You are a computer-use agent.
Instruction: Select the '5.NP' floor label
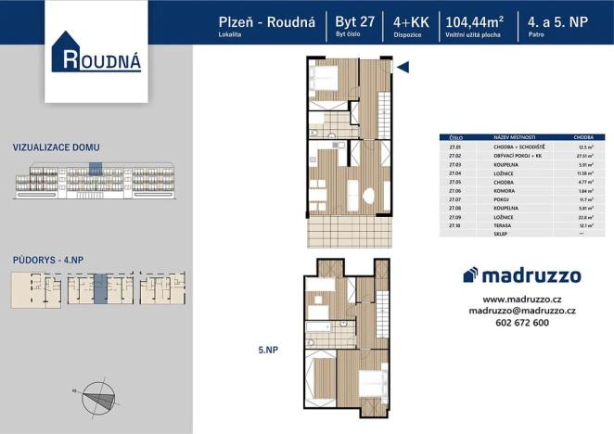270,350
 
